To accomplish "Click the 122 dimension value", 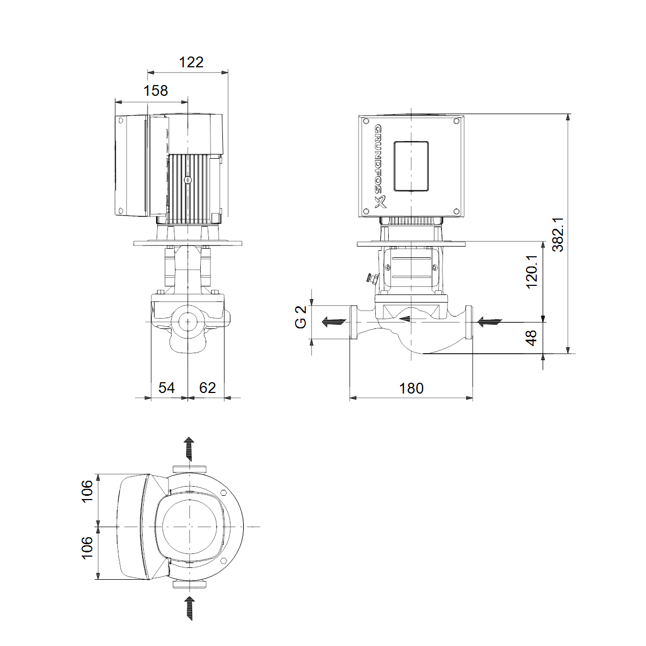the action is point(191,62).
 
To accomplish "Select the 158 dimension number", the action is point(156,91).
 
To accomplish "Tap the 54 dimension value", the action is point(166,388).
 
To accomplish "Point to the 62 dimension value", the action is point(207,388).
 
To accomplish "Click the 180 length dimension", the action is point(411,389).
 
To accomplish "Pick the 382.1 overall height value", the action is point(558,234).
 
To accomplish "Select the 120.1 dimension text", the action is point(532,272).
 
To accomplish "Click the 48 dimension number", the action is point(532,338).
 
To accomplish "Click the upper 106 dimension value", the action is point(87,491).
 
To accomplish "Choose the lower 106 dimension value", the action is point(87,548).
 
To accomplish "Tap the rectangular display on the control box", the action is point(411,166).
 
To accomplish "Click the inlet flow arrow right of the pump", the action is point(490,322).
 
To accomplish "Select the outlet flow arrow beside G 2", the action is point(334,322).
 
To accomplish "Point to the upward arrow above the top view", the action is point(189,449).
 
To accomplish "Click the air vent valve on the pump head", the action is point(372,278).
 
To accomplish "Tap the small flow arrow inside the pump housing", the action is point(405,319).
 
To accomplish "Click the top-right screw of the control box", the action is point(457,121).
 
